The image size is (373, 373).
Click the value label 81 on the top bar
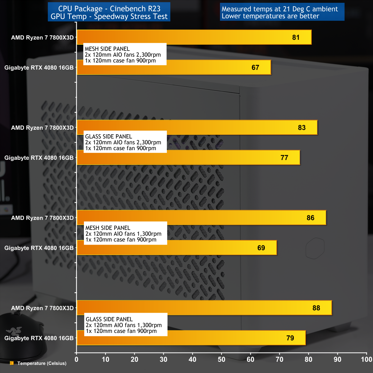click(296, 38)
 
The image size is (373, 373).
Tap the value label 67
click(255, 67)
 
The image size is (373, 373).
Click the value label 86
click(310, 218)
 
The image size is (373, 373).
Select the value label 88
click(316, 308)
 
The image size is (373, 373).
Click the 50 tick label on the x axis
click(221, 360)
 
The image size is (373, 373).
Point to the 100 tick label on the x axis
click(366, 360)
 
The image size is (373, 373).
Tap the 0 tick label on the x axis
click(77, 360)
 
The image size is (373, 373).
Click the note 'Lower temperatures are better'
click(270, 16)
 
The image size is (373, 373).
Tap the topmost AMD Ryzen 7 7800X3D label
click(42, 38)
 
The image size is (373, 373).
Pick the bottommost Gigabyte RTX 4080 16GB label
click(39, 338)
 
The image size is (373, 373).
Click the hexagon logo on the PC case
click(315, 248)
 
